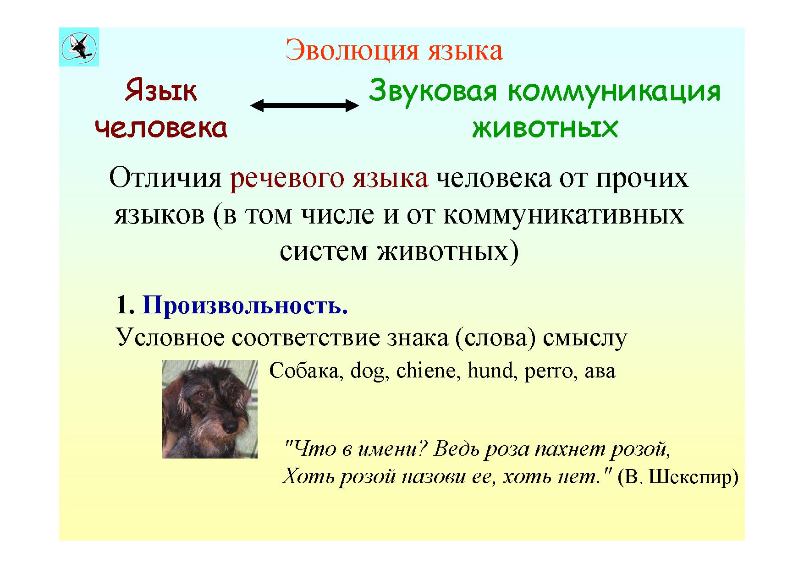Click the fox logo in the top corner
tap(79, 47)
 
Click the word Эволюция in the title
tap(352, 50)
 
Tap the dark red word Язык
tap(161, 91)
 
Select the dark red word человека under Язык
tap(161, 128)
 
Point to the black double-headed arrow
tap(304, 106)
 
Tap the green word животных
tap(545, 128)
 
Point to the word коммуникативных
tap(564, 215)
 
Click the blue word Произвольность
tap(245, 305)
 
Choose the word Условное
tap(171, 338)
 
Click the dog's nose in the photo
tap(229, 427)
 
